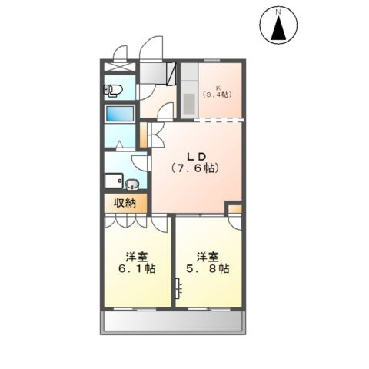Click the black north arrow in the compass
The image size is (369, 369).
coord(278,28)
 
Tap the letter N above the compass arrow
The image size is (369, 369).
coord(278,12)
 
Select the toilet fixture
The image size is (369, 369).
coord(113,91)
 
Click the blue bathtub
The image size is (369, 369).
coord(120,114)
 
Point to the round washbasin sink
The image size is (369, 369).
coord(132,184)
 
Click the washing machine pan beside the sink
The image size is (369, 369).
coord(114,181)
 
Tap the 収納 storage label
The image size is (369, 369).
coord(125,203)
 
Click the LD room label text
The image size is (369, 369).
coord(196,157)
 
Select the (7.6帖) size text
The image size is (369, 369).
coord(195,168)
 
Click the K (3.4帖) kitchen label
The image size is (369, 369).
coord(218,91)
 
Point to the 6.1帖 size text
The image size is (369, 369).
coord(137,268)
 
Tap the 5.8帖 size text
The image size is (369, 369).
coord(208,268)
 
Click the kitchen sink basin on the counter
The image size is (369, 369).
coord(189,103)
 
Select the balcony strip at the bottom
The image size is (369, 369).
coord(173,322)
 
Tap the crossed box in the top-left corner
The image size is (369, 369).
coord(120,66)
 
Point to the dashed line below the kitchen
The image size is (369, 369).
coord(218,120)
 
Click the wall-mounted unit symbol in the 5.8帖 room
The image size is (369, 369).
coord(178,288)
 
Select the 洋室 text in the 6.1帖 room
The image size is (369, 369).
coord(137,257)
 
